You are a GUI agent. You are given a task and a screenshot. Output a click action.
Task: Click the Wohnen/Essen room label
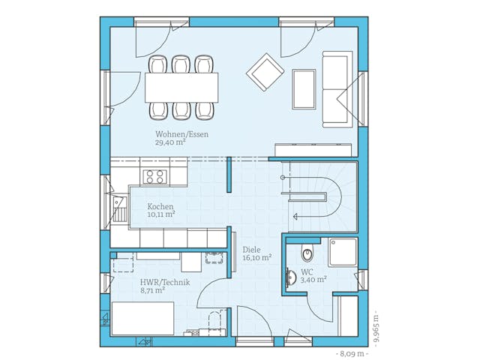(x=181, y=134)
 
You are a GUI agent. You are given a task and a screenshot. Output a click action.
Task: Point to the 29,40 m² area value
(x=170, y=142)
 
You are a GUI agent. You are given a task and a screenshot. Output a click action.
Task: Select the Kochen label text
(x=160, y=206)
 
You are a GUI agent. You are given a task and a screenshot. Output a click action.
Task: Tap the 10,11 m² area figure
(x=161, y=214)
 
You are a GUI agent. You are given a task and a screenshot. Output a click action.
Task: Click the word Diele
(x=251, y=249)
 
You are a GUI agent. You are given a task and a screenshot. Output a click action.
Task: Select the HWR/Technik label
(x=165, y=282)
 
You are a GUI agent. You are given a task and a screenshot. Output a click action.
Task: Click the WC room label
(x=307, y=271)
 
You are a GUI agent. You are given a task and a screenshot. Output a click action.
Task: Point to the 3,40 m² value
(x=313, y=279)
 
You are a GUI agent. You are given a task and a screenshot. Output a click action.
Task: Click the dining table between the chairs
(x=181, y=87)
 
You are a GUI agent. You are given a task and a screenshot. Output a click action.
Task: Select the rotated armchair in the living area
(x=265, y=72)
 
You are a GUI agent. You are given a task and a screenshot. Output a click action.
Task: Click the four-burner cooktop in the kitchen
(x=154, y=176)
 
